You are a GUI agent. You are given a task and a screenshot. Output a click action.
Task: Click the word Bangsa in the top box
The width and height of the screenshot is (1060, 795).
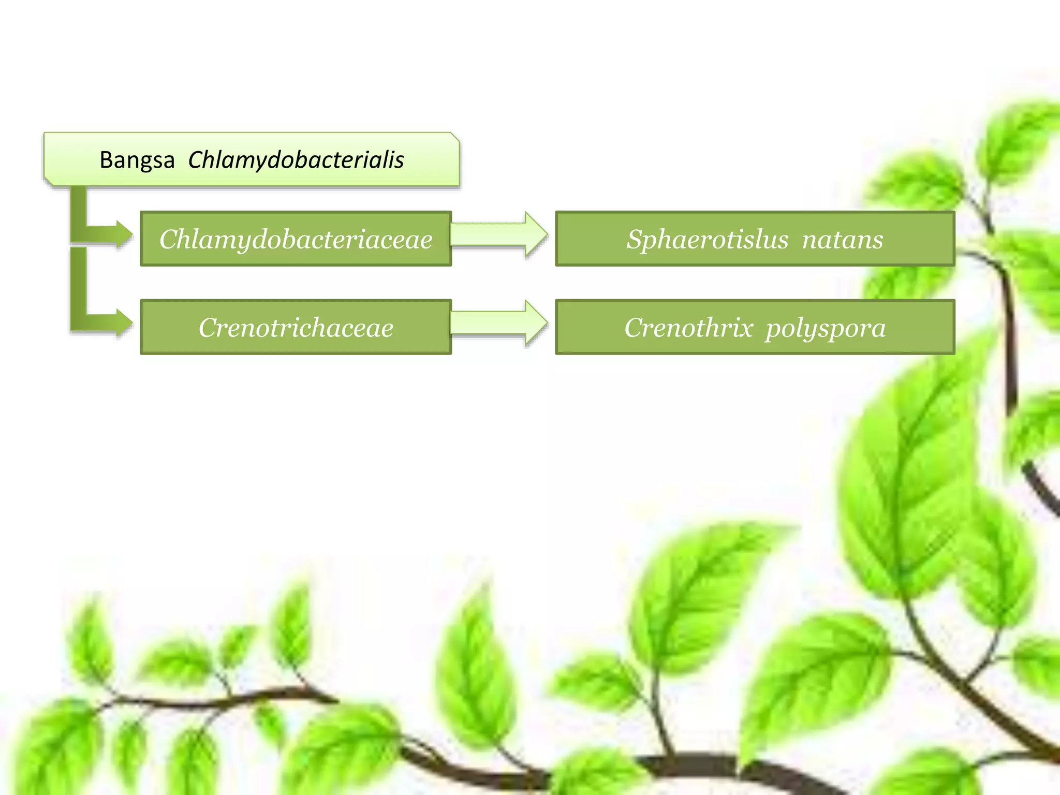[137, 160]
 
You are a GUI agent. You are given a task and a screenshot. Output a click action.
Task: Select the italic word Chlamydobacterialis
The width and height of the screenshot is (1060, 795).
[296, 160]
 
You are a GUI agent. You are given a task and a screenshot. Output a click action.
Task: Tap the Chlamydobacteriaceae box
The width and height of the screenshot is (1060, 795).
[296, 239]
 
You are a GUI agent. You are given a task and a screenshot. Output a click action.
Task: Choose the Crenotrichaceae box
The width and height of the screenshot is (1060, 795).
[296, 327]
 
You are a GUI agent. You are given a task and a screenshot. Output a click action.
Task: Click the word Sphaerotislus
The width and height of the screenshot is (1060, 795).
[707, 239]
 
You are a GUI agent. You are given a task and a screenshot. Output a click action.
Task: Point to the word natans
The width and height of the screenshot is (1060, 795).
[842, 239]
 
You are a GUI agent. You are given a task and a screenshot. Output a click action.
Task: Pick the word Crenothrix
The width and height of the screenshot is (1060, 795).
[688, 328]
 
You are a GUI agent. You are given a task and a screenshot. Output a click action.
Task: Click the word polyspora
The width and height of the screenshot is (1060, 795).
[826, 328]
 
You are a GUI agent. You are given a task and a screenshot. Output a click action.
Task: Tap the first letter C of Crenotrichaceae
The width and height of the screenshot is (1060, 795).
[208, 328]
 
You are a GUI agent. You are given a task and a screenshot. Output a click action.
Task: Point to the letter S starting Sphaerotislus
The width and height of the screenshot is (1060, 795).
[636, 239]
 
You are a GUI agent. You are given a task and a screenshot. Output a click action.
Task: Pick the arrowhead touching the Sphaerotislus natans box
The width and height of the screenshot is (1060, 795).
[536, 234]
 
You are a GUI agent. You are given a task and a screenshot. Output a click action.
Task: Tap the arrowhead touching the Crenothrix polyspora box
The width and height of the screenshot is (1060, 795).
[536, 323]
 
